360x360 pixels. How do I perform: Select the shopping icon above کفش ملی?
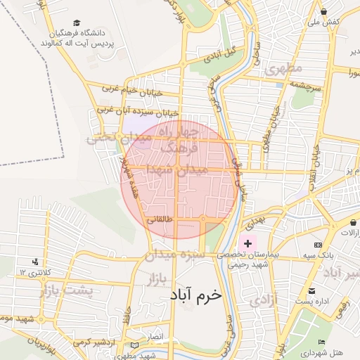click(323, 12)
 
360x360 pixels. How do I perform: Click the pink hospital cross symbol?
click(247, 243)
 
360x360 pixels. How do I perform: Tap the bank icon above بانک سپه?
click(319, 244)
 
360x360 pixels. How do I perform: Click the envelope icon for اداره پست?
click(311, 290)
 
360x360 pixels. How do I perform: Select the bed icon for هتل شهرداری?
click(322, 342)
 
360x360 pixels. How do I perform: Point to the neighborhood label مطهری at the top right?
click(284, 68)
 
